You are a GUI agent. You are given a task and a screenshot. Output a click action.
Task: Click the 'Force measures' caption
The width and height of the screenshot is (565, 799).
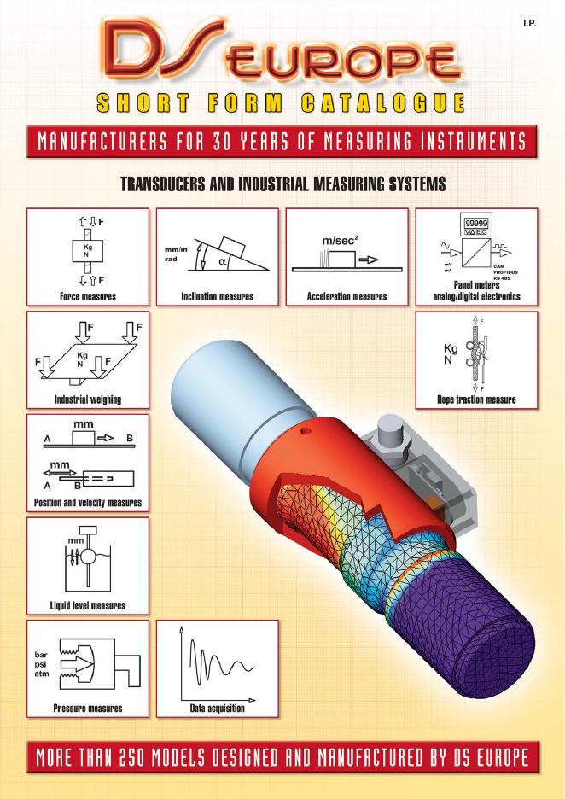pyautogui.click(x=88, y=296)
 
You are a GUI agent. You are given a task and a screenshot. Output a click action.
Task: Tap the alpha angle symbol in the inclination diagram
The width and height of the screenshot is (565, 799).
pyautogui.click(x=222, y=261)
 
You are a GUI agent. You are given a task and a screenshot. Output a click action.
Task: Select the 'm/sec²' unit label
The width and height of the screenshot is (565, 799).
pyautogui.click(x=340, y=241)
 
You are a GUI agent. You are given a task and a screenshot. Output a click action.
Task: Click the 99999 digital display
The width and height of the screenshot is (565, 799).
pyautogui.click(x=476, y=223)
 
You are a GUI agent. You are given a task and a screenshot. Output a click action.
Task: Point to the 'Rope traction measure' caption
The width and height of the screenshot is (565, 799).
pyautogui.click(x=476, y=399)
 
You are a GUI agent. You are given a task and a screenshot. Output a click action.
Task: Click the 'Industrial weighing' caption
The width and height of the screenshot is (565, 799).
pyautogui.click(x=88, y=399)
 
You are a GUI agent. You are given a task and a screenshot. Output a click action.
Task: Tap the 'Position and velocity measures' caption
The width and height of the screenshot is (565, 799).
pyautogui.click(x=88, y=503)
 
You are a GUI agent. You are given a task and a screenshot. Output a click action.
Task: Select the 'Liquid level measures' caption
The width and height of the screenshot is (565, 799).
pyautogui.click(x=88, y=605)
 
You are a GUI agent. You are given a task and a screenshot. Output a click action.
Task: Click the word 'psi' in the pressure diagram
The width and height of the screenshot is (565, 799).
pyautogui.click(x=40, y=664)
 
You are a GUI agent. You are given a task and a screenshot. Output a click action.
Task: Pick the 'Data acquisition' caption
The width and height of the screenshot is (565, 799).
pyautogui.click(x=217, y=709)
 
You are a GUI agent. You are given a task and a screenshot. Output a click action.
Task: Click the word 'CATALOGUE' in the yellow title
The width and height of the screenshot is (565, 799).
pyautogui.click(x=382, y=102)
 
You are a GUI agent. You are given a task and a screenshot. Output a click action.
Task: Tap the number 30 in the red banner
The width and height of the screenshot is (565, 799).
pyautogui.click(x=222, y=142)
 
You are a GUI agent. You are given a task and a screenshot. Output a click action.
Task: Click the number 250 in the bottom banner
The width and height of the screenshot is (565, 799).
pyautogui.click(x=133, y=757)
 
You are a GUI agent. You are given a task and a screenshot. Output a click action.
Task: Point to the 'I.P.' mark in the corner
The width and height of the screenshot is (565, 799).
pyautogui.click(x=530, y=23)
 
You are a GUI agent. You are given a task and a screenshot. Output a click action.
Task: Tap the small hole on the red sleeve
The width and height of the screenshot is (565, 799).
pyautogui.click(x=306, y=432)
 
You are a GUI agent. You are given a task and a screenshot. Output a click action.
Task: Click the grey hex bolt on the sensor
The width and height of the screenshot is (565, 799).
pyautogui.click(x=390, y=433)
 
